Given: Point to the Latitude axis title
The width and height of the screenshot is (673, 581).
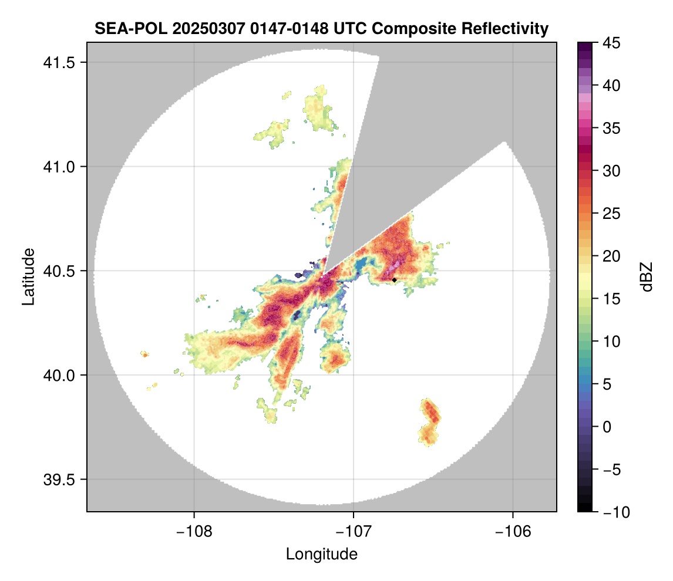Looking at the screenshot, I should click(x=28, y=276).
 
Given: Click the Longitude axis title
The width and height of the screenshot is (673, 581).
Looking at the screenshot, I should click(x=321, y=554).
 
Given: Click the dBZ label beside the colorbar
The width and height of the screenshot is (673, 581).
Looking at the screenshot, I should click(x=647, y=276).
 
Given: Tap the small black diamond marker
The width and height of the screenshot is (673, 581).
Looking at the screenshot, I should click(x=395, y=280).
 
